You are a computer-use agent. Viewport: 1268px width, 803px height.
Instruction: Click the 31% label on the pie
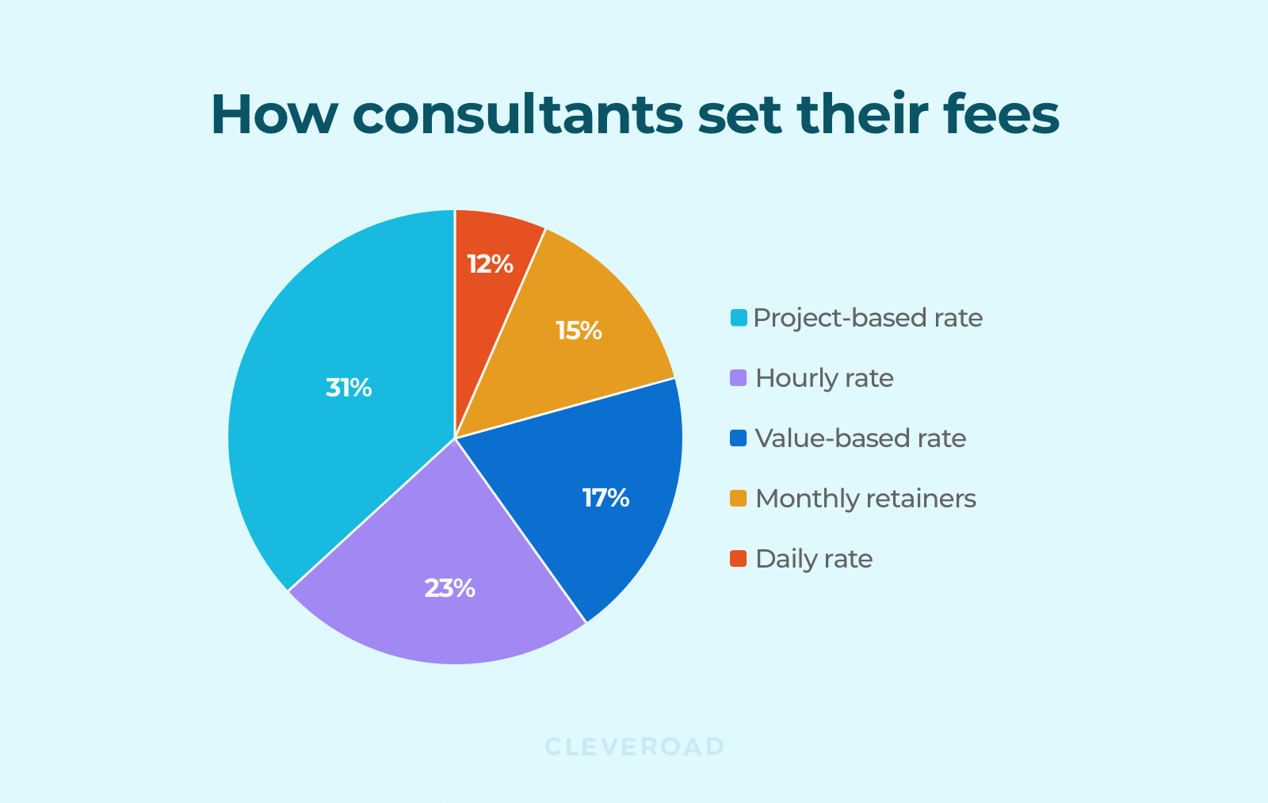[349, 388]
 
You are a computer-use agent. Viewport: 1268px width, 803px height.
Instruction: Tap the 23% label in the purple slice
[449, 588]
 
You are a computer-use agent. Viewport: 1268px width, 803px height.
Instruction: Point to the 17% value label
[605, 498]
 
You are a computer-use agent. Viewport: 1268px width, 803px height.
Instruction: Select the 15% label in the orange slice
[579, 331]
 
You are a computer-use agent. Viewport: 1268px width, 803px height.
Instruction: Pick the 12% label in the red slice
[490, 264]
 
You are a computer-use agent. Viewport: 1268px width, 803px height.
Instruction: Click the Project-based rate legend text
[868, 318]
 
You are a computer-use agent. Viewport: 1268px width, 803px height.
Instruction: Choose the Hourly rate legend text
[824, 378]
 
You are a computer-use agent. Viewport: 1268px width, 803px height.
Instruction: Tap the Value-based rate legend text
[861, 438]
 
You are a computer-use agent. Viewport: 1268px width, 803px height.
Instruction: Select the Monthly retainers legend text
[865, 499]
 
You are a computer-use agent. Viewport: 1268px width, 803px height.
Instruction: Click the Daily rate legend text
[814, 559]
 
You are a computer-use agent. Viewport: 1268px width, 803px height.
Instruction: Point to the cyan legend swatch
[739, 318]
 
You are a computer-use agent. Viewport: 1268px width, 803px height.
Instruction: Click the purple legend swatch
[739, 378]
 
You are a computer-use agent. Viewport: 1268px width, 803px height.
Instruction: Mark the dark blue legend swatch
[739, 438]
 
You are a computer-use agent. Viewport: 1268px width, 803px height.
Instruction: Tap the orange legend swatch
[739, 499]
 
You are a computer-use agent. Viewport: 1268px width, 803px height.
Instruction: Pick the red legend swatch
[739, 559]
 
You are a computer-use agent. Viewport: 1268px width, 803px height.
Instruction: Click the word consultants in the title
[518, 115]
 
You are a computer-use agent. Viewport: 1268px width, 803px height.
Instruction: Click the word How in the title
[274, 115]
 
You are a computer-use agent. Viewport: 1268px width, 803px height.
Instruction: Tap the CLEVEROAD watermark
[635, 747]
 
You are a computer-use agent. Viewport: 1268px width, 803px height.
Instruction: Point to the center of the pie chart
[455, 438]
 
